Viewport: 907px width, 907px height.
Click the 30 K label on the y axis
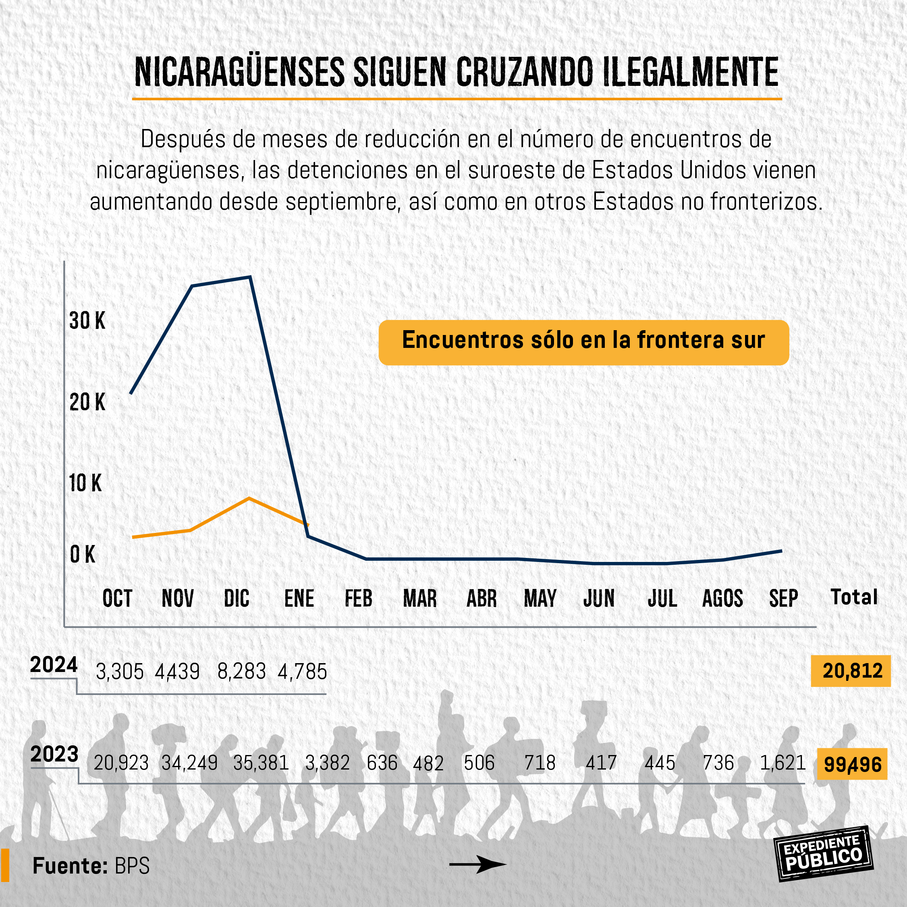[x=87, y=321]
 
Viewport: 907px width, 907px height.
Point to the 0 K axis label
[x=83, y=554]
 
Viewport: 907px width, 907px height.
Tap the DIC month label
[x=237, y=598]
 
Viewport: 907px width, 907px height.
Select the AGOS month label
[x=722, y=598]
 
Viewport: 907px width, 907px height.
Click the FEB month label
[x=358, y=598]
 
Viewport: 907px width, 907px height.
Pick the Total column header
[x=854, y=597]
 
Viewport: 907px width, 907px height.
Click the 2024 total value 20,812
[x=852, y=670]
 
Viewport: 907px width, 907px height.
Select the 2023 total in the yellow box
[x=852, y=764]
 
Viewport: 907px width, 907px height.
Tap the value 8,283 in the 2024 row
[x=241, y=671]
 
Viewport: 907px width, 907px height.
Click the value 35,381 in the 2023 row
[x=261, y=763]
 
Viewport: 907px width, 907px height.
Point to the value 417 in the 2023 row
[x=601, y=763]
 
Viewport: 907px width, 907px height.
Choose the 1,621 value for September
[x=782, y=763]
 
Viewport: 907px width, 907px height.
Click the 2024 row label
[x=54, y=665]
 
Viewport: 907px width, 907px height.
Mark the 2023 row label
[x=54, y=754]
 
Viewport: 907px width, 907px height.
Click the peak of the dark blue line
[x=250, y=277]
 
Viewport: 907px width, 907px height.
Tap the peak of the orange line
[x=249, y=498]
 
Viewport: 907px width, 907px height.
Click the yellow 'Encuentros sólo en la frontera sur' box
[x=583, y=342]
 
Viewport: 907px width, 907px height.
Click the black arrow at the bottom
[x=477, y=864]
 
